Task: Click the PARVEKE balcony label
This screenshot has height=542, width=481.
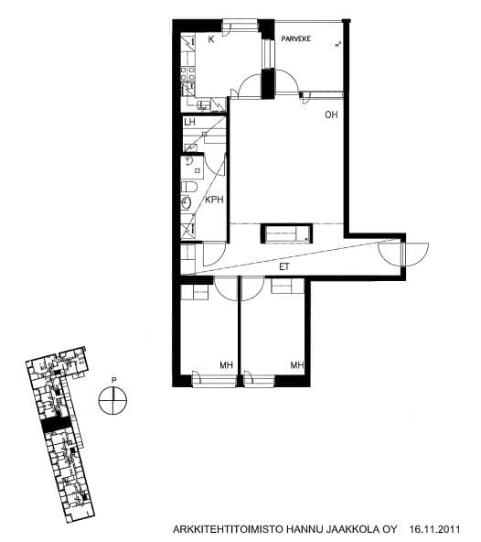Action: point(296,38)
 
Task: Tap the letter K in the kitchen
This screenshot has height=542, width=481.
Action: point(211,39)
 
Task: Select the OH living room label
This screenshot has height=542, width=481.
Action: point(331,114)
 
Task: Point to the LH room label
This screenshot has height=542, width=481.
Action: point(189,122)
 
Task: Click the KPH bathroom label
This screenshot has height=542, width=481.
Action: point(214,200)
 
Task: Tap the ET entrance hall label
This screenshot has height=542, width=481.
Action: point(283,267)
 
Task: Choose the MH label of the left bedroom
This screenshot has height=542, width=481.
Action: point(226,365)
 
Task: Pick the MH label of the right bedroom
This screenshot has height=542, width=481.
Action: point(297,365)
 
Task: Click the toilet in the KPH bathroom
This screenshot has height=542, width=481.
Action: point(189,187)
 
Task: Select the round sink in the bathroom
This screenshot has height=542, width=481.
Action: point(187,202)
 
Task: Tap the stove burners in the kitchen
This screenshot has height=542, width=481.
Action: point(187,73)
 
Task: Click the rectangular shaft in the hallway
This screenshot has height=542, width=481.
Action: point(286,233)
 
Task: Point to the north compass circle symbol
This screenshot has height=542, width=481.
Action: point(112,401)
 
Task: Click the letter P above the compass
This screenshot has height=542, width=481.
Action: point(113,380)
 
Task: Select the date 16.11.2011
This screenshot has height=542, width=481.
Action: point(434,529)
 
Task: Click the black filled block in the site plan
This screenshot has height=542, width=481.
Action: point(56,425)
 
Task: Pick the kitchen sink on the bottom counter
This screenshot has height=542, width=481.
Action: point(203,105)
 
